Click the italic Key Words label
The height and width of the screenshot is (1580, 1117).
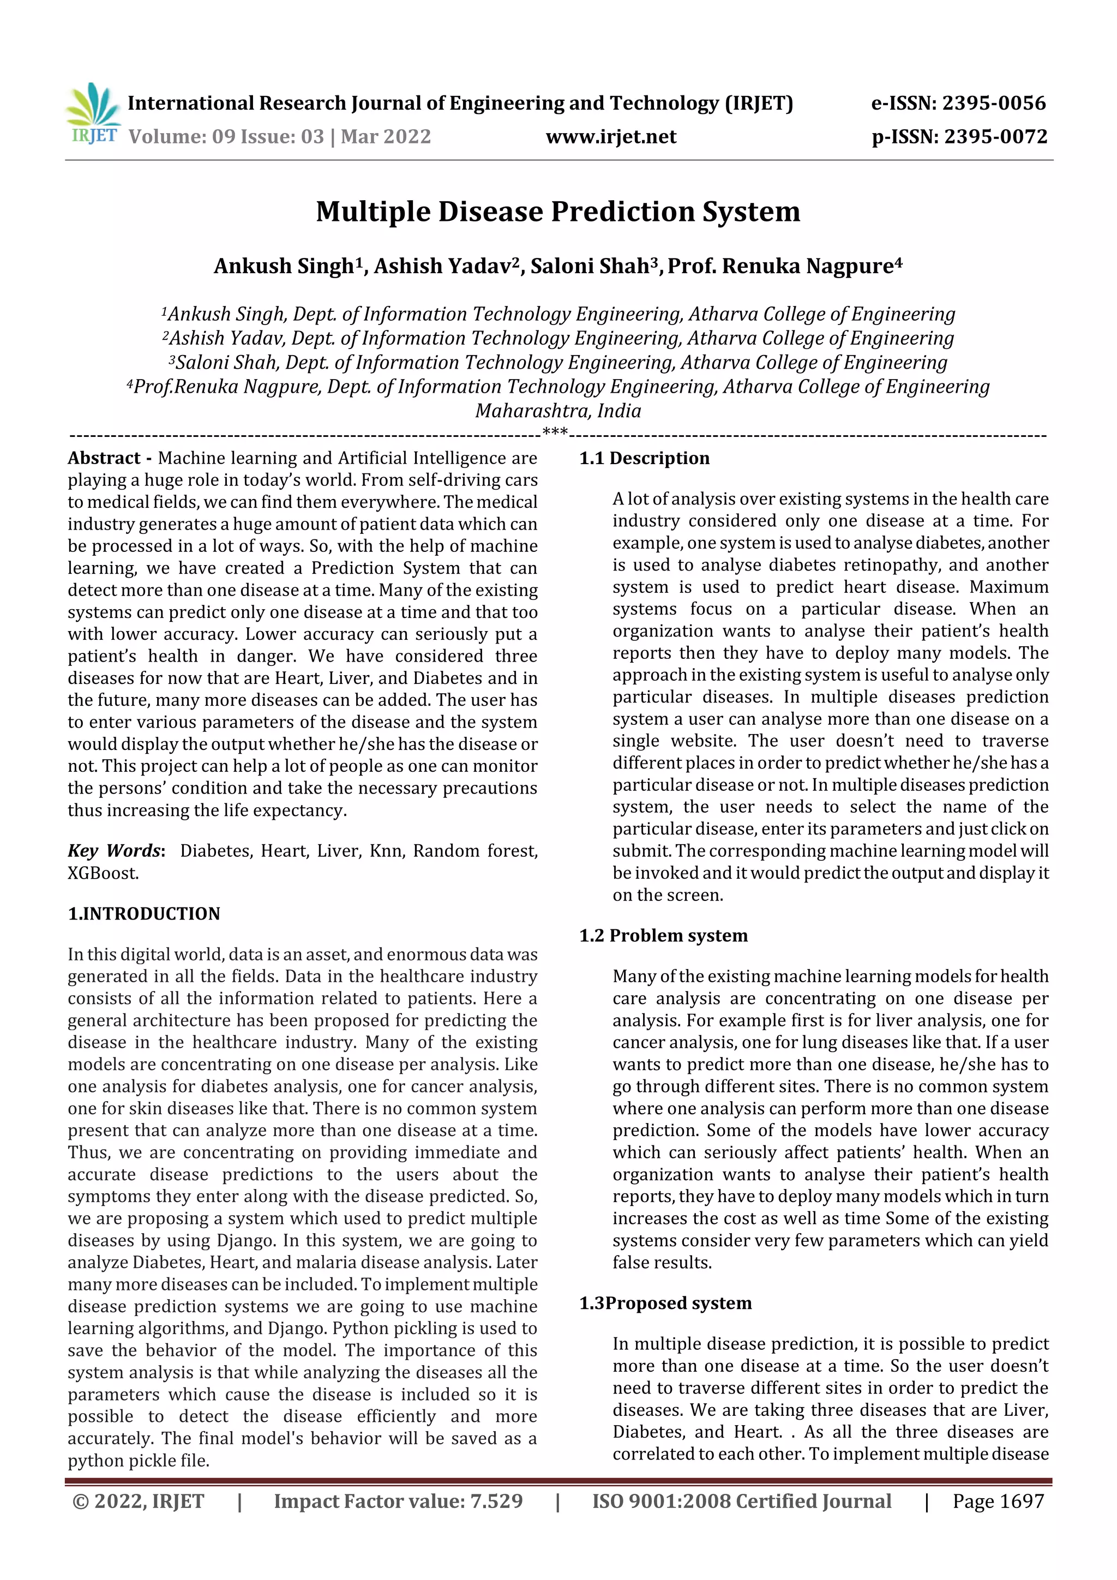pos(114,851)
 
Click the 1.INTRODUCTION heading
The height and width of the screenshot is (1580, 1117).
pos(144,914)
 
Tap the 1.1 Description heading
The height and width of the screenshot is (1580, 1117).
pos(644,458)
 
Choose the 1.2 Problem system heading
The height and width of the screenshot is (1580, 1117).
pos(663,935)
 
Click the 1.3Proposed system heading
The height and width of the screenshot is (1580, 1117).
pos(665,1303)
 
